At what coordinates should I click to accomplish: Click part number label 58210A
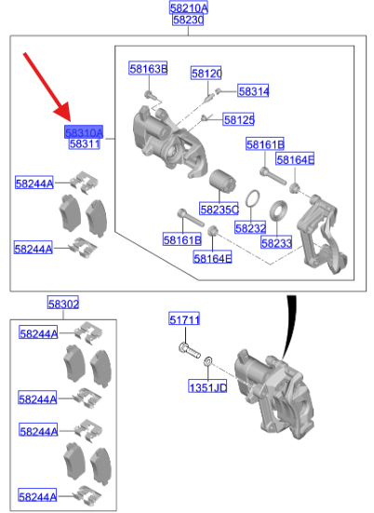(189, 7)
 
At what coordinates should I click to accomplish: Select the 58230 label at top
(189, 20)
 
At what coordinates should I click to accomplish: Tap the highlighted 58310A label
(84, 133)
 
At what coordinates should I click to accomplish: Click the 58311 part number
(84, 145)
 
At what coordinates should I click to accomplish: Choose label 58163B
(148, 69)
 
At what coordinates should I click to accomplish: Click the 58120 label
(207, 73)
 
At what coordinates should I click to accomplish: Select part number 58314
(253, 91)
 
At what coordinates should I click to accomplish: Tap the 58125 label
(238, 119)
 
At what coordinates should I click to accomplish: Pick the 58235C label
(219, 209)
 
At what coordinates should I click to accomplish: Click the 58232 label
(250, 227)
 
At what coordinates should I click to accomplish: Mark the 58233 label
(276, 242)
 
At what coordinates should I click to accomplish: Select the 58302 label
(63, 304)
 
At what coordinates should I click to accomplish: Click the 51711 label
(184, 320)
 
